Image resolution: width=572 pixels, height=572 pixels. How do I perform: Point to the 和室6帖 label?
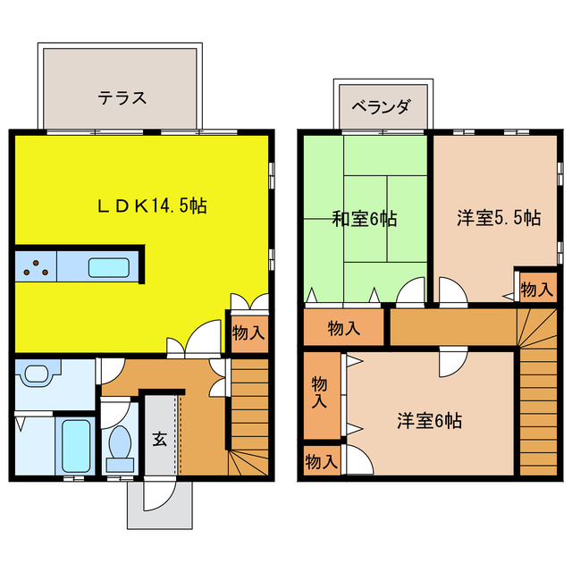365,217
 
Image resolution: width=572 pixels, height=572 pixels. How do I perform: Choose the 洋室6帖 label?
430,420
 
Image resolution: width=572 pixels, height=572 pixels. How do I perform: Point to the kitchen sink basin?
111,266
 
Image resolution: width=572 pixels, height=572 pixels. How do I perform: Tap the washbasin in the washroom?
38,373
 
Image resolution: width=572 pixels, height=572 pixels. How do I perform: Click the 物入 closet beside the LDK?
248,332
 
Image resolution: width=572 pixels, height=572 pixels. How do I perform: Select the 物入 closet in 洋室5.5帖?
536,289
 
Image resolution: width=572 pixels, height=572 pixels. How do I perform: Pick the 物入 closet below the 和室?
344,328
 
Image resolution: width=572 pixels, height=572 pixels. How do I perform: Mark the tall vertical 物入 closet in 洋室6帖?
320,393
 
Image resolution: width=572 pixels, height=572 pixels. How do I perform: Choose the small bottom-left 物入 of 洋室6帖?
321,461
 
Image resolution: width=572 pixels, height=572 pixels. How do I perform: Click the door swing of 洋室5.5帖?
452,292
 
